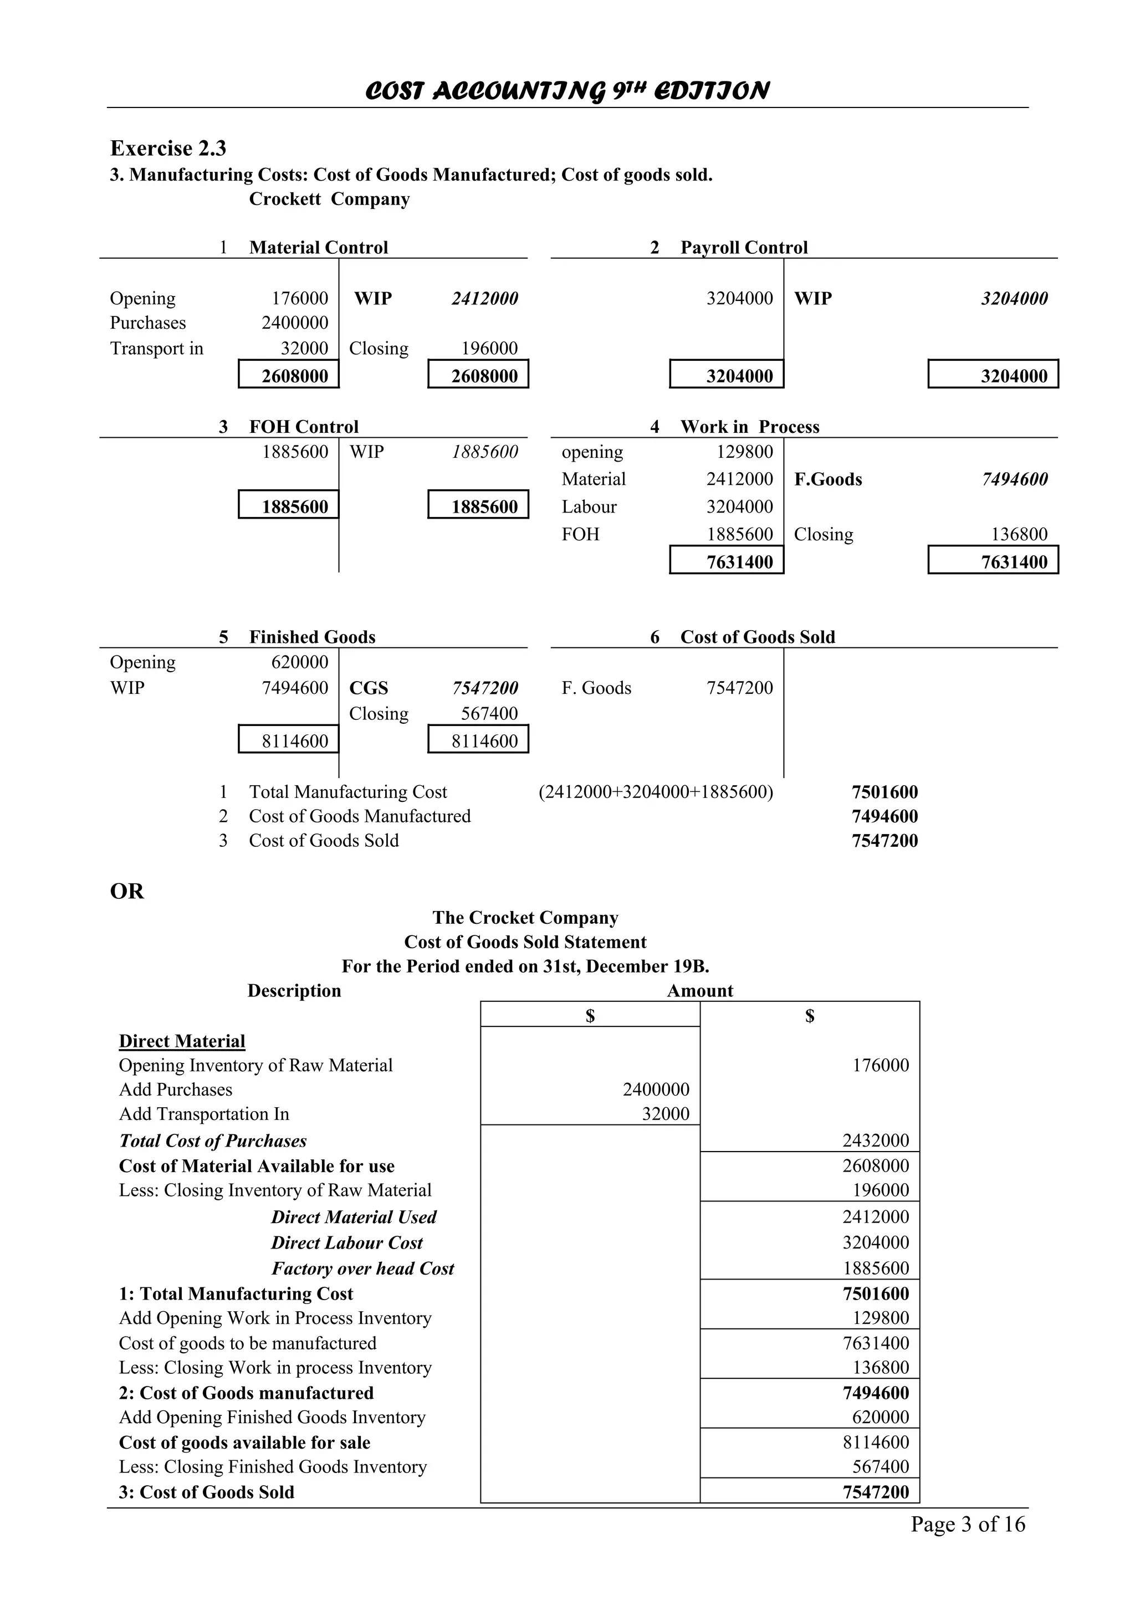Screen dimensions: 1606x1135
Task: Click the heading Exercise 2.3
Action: click(168, 149)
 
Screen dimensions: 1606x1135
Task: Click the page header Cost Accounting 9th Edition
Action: click(566, 91)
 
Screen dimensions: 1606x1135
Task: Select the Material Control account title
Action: click(318, 248)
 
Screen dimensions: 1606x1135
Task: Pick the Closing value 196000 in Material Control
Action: click(489, 349)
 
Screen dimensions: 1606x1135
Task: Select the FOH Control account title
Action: click(304, 427)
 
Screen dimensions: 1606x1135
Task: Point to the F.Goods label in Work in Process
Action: click(828, 479)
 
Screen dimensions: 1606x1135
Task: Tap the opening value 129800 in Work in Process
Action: click(744, 452)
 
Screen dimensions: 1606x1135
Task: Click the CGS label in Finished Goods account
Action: click(369, 688)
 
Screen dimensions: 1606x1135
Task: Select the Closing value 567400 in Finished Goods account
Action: click(489, 713)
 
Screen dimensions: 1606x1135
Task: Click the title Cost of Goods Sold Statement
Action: click(525, 942)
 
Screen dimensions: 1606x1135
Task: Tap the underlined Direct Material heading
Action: click(182, 1041)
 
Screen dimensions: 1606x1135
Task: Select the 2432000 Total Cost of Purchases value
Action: click(875, 1140)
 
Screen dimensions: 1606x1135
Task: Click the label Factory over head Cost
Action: click(362, 1268)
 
